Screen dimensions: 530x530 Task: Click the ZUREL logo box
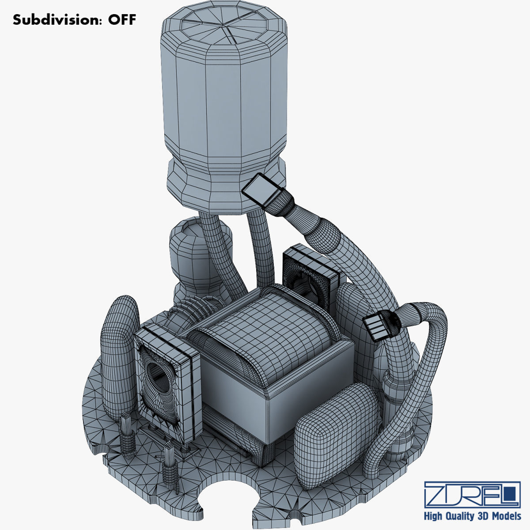[x=472, y=495]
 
